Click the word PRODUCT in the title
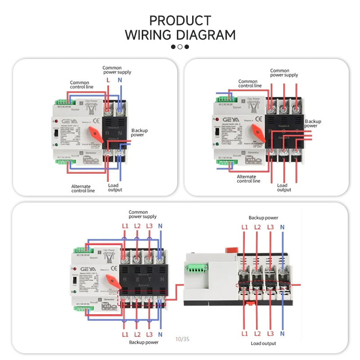pos(180,21)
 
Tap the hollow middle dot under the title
pos(180,47)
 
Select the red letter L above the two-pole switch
pos(108,80)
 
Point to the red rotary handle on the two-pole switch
pos(96,134)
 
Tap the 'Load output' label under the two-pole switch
pos(115,187)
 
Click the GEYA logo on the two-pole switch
pos(65,121)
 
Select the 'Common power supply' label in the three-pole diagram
pos(284,73)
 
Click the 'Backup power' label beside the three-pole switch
pos(313,124)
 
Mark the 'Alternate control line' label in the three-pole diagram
pos(248,179)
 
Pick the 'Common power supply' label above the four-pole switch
pos(143,214)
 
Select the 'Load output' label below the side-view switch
pos(263,343)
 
